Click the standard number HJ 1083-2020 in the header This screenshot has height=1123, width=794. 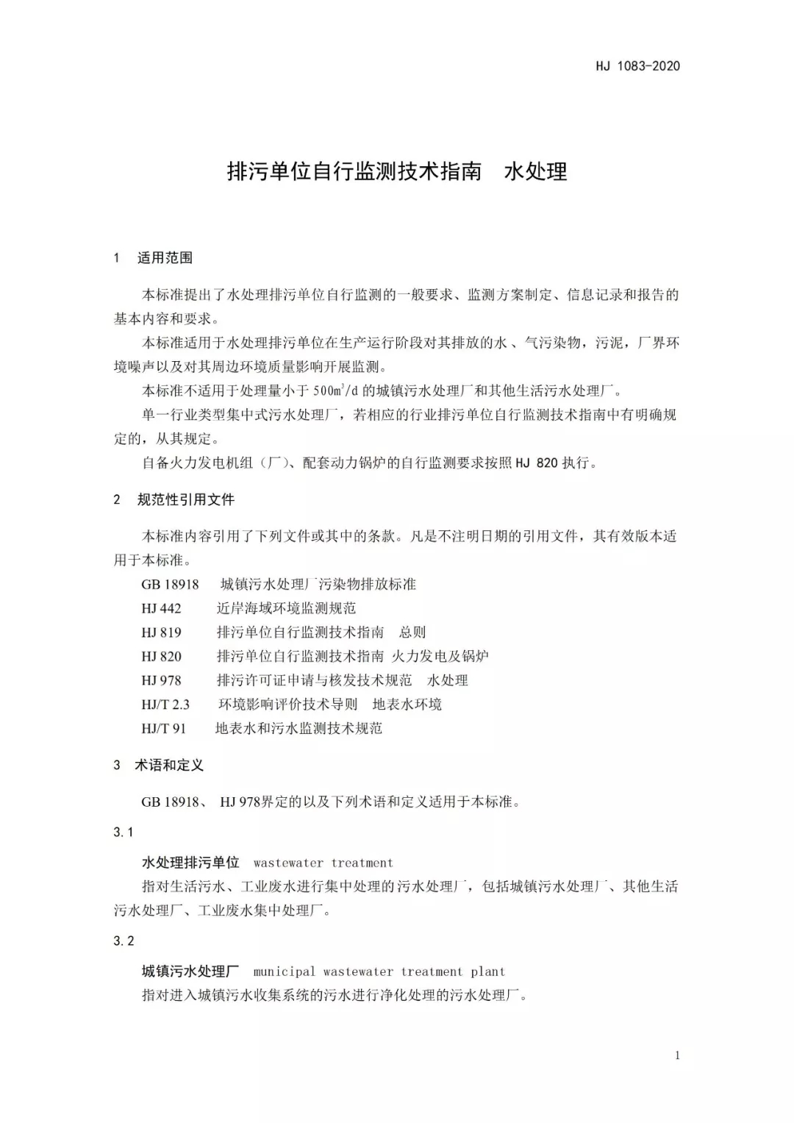pos(637,66)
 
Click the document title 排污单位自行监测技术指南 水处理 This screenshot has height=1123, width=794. pos(397,171)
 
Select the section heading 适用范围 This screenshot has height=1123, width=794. pos(165,258)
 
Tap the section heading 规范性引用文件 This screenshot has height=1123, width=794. pos(185,500)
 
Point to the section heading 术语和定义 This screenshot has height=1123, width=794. pos(168,766)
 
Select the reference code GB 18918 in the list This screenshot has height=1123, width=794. pos(170,585)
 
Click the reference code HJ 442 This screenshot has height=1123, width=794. pos(161,609)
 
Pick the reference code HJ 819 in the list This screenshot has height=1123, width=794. pos(161,632)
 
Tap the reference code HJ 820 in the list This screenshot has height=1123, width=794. pos(161,657)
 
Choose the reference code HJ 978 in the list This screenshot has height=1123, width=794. pos(161,681)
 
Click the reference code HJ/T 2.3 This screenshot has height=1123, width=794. pos(165,705)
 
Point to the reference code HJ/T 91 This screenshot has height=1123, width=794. pos(163,729)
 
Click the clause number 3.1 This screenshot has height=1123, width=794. pos(124,833)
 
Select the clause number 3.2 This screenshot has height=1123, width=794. pos(124,941)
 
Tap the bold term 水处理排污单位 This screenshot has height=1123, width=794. pos(190,863)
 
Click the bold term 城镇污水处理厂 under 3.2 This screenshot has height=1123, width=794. pos(190,972)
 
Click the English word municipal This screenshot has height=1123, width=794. pos(284,972)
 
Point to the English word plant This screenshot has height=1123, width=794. pos(487,972)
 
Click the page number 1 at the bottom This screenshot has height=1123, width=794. pos(677,1056)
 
